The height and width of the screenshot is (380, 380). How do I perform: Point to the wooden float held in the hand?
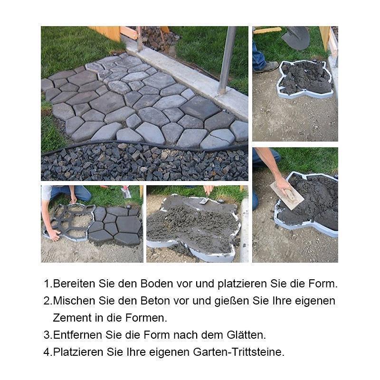point(286,195)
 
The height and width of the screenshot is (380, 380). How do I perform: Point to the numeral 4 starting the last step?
point(47,352)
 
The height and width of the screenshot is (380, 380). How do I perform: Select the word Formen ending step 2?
point(148,318)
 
